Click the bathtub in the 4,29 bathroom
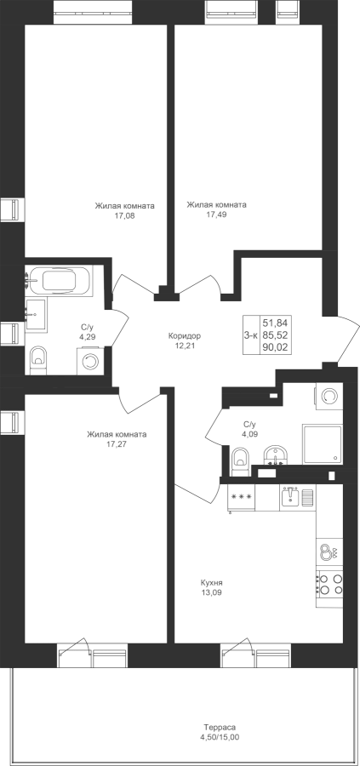tap(59, 280)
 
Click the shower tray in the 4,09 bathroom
tap(322, 443)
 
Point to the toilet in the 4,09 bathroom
tap(240, 460)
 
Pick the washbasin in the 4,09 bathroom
tap(276, 455)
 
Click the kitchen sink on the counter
tap(297, 497)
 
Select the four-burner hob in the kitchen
tap(329, 584)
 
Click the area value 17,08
tap(124, 215)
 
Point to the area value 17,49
tap(216, 214)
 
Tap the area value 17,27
tap(117, 444)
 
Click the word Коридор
tap(184, 336)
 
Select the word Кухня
tap(212, 583)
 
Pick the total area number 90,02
tap(275, 347)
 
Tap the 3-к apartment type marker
tap(250, 334)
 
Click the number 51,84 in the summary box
tap(275, 323)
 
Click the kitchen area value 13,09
tap(212, 592)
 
